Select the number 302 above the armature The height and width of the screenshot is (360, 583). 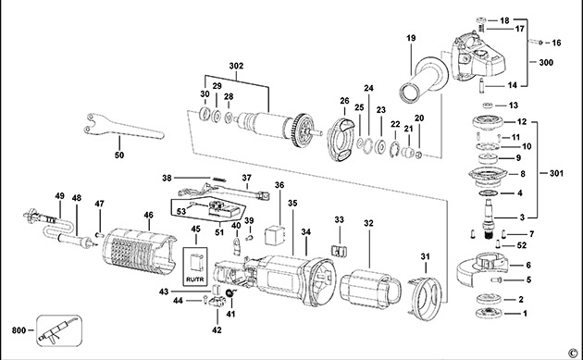[x=236, y=66]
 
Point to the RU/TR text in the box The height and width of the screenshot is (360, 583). [x=195, y=279]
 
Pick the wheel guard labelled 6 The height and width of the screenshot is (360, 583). [x=482, y=268]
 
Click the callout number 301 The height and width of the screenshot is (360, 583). [x=556, y=173]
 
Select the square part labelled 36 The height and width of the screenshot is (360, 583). [x=275, y=235]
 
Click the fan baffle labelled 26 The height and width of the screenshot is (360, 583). [x=341, y=139]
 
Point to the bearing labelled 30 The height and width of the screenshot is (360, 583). [x=205, y=114]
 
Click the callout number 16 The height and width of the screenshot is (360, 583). [x=556, y=43]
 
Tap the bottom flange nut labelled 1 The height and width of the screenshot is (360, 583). [x=488, y=314]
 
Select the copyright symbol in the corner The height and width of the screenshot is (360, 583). [x=572, y=352]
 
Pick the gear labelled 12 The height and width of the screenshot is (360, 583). [x=488, y=122]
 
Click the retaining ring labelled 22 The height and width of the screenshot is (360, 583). [x=395, y=149]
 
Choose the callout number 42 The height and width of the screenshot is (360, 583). [x=217, y=329]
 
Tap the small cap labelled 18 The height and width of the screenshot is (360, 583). [x=481, y=20]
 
